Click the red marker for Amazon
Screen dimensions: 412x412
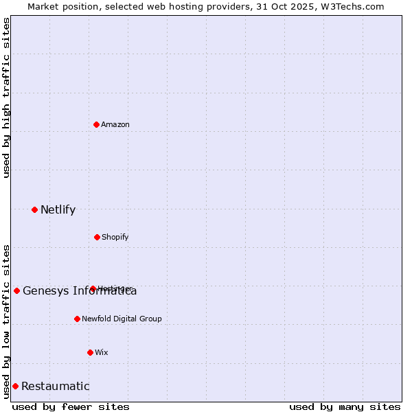(x=96, y=124)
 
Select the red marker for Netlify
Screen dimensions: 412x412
(x=34, y=209)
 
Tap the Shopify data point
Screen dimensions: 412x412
(x=97, y=237)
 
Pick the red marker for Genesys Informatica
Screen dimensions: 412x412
(x=16, y=290)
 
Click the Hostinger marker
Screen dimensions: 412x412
(x=93, y=288)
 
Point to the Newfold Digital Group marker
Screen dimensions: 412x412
(x=77, y=319)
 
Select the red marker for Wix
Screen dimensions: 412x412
(x=90, y=352)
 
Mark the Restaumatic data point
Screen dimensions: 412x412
(x=15, y=386)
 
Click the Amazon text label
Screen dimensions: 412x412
(x=115, y=124)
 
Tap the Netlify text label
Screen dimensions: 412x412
(x=58, y=209)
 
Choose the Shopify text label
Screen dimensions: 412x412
(x=115, y=237)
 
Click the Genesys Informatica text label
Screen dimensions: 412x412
(x=80, y=291)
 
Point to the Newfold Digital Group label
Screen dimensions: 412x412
(x=122, y=319)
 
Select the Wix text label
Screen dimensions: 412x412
(x=102, y=352)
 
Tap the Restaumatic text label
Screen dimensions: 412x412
(x=55, y=386)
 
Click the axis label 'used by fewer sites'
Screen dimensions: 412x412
(x=71, y=407)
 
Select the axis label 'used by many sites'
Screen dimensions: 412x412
(x=345, y=407)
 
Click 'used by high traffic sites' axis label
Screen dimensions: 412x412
(x=6, y=98)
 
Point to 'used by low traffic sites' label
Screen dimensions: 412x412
(x=6, y=321)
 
